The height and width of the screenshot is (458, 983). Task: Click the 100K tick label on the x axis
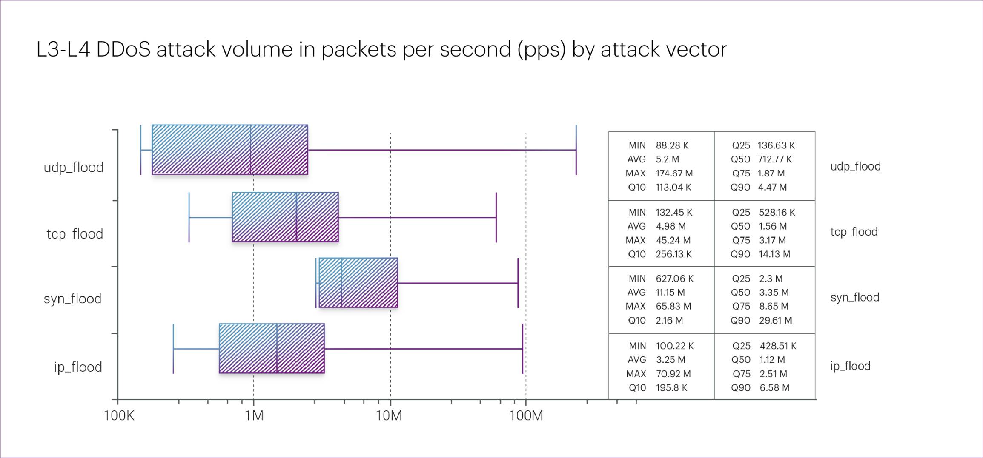click(x=119, y=415)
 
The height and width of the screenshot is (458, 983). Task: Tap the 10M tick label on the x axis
click(x=389, y=415)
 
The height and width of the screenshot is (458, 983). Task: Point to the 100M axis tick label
click(x=526, y=415)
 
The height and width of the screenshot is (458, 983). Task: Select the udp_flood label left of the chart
click(x=74, y=167)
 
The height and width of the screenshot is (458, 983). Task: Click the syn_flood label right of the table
click(x=854, y=297)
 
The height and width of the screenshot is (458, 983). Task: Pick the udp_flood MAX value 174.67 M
click(x=674, y=174)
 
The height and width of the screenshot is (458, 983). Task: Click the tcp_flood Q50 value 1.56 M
click(x=773, y=226)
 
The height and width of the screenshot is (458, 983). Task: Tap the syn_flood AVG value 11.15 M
click(x=670, y=293)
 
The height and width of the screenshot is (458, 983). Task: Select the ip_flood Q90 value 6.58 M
click(x=774, y=388)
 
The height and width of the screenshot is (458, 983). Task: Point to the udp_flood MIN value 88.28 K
click(x=672, y=145)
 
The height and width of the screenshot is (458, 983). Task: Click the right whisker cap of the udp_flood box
click(x=576, y=150)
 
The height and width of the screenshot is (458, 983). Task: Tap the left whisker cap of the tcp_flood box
click(x=189, y=217)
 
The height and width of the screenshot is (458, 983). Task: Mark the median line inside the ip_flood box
click(x=277, y=349)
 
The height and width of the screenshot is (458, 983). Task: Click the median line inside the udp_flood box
click(x=250, y=150)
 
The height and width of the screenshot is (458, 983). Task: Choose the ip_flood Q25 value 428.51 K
click(x=778, y=346)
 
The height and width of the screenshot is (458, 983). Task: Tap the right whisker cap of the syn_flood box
click(x=518, y=283)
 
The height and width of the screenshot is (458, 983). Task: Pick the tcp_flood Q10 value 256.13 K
click(x=673, y=254)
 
